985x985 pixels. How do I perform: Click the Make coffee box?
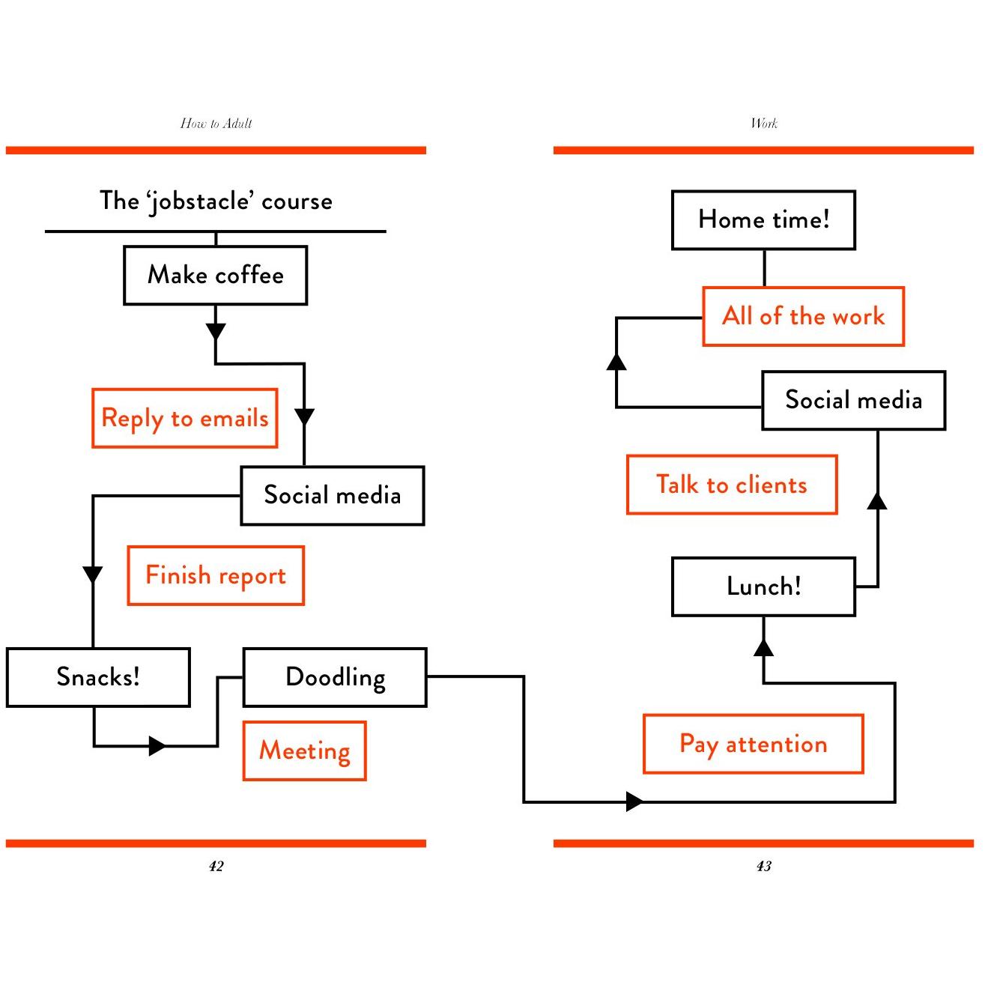click(x=215, y=276)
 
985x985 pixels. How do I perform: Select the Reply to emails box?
click(x=185, y=418)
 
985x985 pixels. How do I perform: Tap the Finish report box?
click(x=216, y=575)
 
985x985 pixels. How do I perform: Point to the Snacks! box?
click(x=98, y=677)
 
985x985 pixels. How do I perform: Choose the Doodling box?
click(x=335, y=677)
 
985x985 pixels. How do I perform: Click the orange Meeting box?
click(x=305, y=751)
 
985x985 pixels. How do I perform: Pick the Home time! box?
click(x=764, y=220)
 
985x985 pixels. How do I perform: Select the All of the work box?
click(x=804, y=316)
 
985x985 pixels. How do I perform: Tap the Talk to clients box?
click(x=732, y=485)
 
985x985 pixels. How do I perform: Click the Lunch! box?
click(x=764, y=587)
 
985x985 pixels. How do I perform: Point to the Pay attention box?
click(x=754, y=744)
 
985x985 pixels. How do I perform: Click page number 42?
click(x=216, y=866)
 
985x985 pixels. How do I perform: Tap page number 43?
click(x=764, y=866)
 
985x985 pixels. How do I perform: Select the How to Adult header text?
click(x=216, y=123)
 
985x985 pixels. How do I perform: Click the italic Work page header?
click(x=764, y=123)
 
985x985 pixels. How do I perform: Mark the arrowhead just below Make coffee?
click(x=216, y=331)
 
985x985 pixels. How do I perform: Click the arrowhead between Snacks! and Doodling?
click(x=157, y=746)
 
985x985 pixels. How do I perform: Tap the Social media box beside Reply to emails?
click(x=333, y=495)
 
